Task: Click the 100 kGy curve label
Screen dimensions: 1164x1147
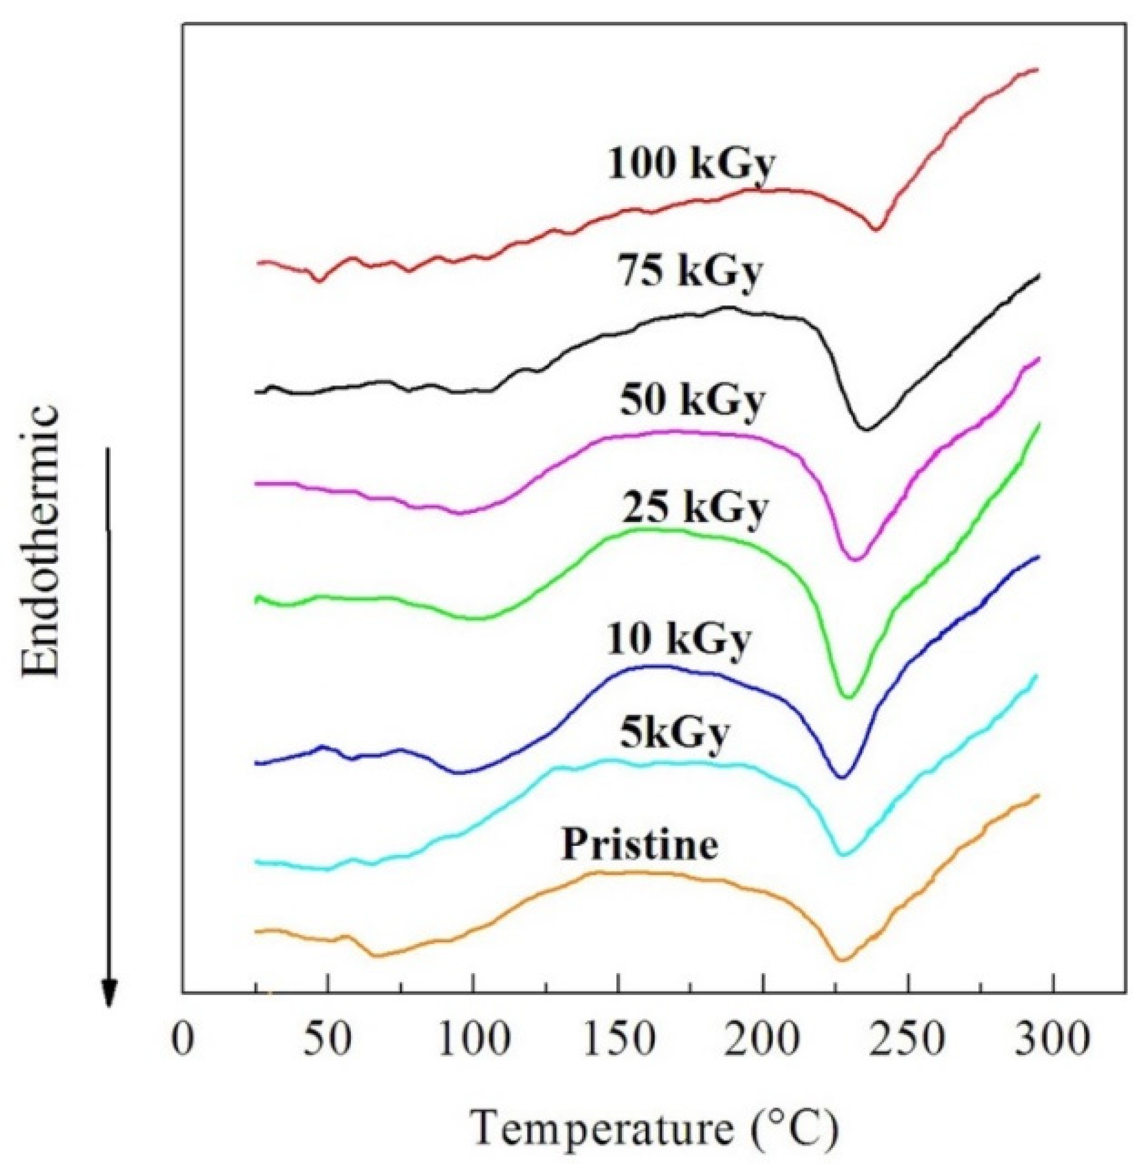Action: point(689,164)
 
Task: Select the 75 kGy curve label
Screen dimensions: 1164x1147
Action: point(689,272)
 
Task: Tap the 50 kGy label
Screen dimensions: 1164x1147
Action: point(691,400)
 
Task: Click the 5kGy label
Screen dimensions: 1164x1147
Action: point(675,733)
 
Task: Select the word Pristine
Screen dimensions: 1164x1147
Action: point(640,844)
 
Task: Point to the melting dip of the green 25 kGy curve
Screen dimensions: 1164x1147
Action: point(848,697)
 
